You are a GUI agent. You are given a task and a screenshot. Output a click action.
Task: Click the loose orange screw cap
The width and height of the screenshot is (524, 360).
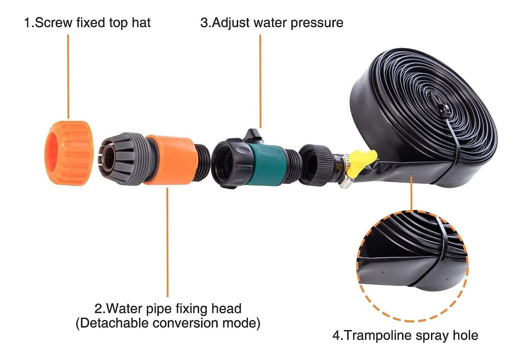pos(69,153)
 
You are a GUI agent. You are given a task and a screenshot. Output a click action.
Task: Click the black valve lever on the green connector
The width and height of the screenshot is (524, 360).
pos(253,136)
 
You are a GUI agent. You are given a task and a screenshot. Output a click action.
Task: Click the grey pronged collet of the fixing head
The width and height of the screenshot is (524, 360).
pos(124,159)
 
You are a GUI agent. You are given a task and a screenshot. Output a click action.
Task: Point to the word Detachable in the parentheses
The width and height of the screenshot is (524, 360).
pos(114,323)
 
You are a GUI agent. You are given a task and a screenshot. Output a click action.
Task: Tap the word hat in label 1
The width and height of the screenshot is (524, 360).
pos(141,23)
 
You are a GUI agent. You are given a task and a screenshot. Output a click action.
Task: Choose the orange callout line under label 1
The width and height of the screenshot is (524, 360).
pos(68,77)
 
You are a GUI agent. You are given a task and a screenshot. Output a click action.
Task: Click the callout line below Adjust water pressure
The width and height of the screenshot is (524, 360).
pos(260,81)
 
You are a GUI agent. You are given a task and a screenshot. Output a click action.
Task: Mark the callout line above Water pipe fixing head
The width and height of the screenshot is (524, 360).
pos(167,242)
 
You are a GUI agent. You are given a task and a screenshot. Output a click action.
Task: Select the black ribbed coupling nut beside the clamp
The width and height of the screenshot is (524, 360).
pos(316,165)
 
